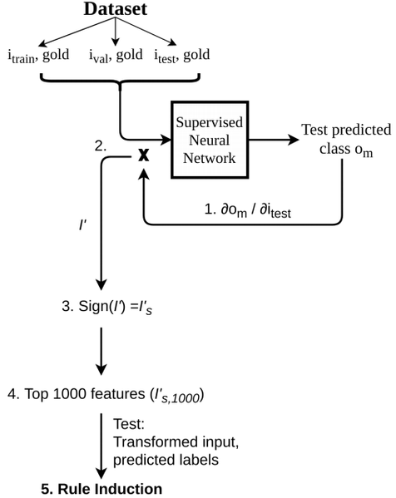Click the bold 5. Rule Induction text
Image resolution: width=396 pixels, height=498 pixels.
click(102, 488)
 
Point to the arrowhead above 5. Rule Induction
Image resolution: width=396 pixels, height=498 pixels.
click(101, 472)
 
